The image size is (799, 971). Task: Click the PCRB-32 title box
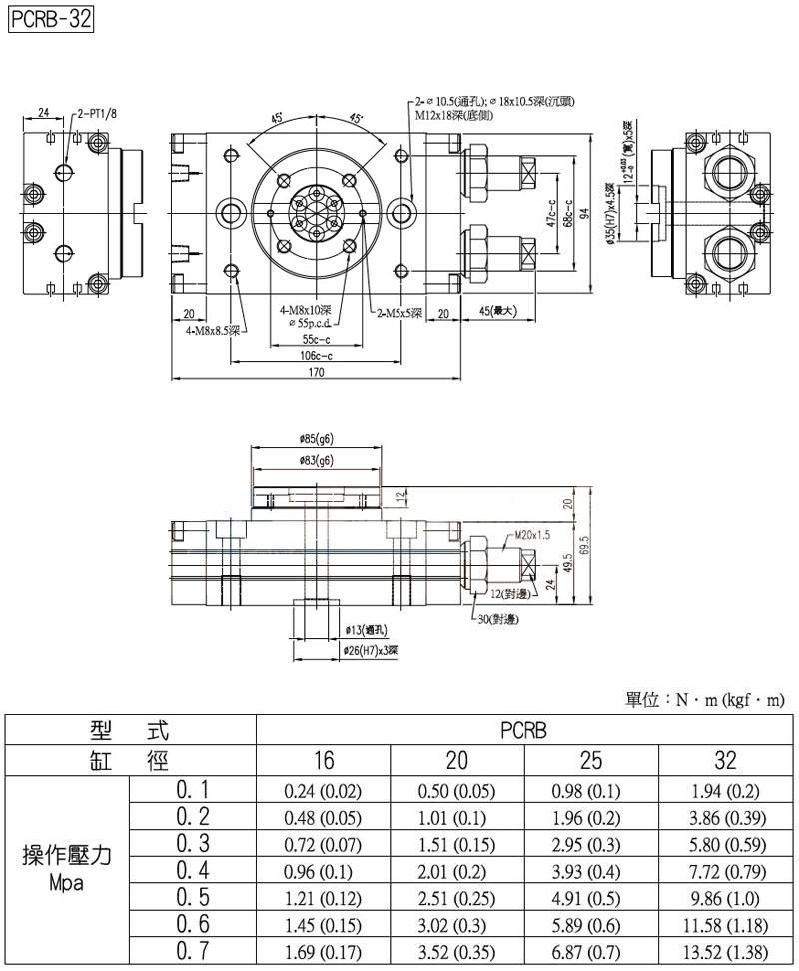[50, 20]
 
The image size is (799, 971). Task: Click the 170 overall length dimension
[316, 373]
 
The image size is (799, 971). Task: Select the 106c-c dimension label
[316, 355]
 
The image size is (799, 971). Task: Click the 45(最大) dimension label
[496, 311]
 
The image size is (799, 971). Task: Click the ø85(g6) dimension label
[316, 439]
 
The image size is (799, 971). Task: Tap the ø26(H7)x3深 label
[371, 649]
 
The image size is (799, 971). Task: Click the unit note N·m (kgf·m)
[705, 700]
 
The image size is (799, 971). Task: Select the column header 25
[591, 761]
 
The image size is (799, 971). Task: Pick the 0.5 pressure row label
[192, 891]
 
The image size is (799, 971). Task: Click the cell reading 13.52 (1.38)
[726, 951]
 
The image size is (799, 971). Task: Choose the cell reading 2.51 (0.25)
[456, 891]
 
